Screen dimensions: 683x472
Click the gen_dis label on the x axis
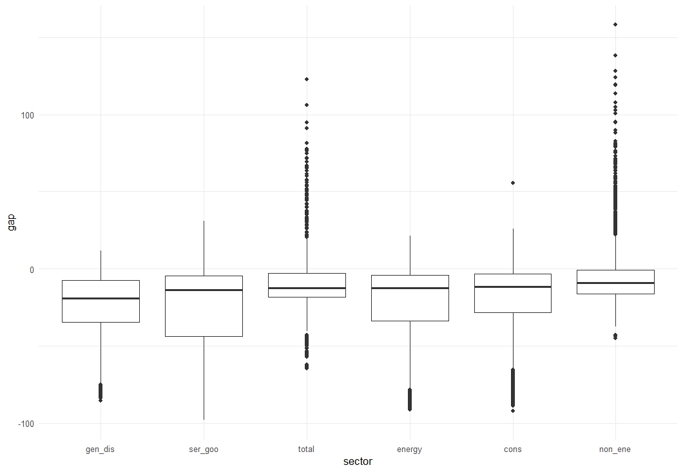100,449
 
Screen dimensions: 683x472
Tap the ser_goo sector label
204,449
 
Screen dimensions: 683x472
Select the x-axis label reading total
306,449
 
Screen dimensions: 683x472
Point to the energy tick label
409,449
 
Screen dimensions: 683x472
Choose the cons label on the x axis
513,449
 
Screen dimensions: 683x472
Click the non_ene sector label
615,449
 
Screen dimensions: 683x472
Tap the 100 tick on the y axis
26,115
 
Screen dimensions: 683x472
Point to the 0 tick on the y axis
32,270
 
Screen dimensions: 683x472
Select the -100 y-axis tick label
25,423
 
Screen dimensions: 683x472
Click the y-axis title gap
12,222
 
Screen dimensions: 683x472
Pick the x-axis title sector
358,462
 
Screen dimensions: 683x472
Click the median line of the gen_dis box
101,298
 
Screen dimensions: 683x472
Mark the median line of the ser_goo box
204,290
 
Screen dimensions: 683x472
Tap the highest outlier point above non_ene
615,24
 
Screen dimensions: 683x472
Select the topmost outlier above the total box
307,79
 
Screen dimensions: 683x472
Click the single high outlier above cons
513,183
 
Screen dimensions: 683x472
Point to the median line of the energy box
410,288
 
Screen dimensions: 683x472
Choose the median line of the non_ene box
615,283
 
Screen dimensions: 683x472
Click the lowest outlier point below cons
513,411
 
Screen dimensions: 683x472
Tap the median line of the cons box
513,287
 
